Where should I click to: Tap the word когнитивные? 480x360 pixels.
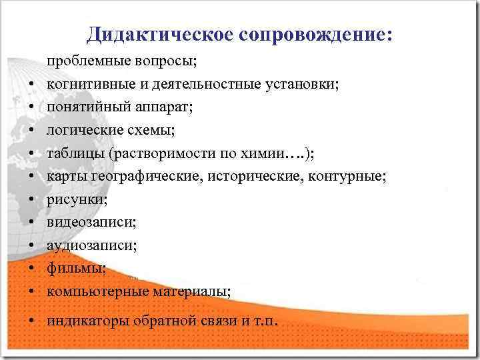(87, 85)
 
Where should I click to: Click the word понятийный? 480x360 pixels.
(80, 106)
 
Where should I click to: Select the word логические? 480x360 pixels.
(79, 129)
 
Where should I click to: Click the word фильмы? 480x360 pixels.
(67, 268)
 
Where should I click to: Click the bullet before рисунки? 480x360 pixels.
(32, 200)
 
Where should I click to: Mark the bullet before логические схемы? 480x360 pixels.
(32, 130)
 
